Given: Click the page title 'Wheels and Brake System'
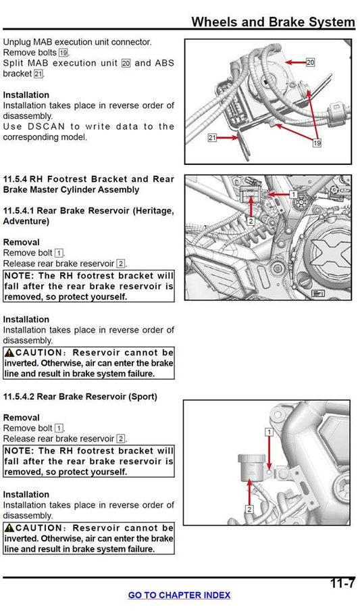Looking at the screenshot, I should pyautogui.click(x=273, y=22).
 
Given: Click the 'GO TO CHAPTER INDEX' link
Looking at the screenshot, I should pyautogui.click(x=179, y=595).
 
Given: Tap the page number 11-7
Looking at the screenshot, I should pyautogui.click(x=342, y=583).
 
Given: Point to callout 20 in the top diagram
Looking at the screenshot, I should pyautogui.click(x=310, y=62).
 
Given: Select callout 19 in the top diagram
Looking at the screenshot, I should pyautogui.click(x=316, y=143).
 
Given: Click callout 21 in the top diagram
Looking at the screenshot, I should pyautogui.click(x=212, y=137).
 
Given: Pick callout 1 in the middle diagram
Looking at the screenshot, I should pyautogui.click(x=293, y=194).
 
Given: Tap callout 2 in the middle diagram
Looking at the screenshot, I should pyautogui.click(x=251, y=221).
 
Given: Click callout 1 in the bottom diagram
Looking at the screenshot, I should pyautogui.click(x=269, y=431).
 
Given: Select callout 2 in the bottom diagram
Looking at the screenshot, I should pyautogui.click(x=249, y=509).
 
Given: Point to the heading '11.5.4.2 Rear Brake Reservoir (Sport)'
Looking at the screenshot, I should pyautogui.click(x=80, y=396).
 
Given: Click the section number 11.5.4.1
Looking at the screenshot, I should pyautogui.click(x=24, y=210).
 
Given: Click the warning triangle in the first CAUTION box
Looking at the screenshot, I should pyautogui.click(x=9, y=352).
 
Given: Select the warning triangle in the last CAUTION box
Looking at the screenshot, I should pyautogui.click(x=9, y=527).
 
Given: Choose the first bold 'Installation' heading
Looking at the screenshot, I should pyautogui.click(x=26, y=95).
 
